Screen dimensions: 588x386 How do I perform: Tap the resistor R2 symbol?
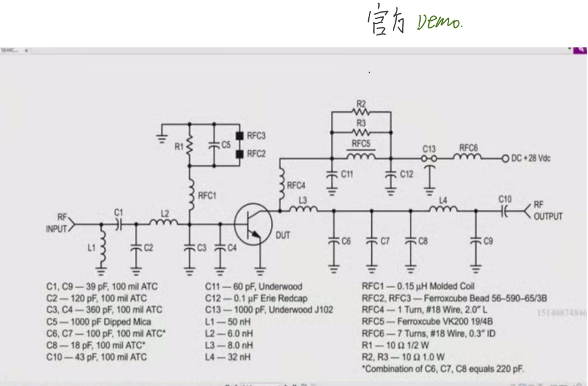point(361,112)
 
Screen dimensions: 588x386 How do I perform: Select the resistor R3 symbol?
point(361,132)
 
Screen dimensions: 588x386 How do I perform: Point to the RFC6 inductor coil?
point(468,157)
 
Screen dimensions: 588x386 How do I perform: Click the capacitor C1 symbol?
point(118,224)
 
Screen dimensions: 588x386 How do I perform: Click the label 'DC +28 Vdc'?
point(530,158)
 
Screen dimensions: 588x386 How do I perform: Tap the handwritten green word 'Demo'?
point(440,23)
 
